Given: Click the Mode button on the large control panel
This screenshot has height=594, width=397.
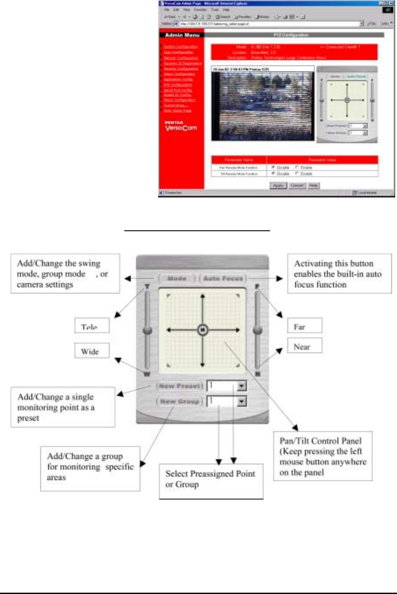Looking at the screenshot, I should (177, 279).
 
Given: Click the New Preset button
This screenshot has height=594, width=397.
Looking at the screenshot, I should (180, 386).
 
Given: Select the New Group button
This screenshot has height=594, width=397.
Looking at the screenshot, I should (180, 401).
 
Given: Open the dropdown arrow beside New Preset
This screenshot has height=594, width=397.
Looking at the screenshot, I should (242, 386).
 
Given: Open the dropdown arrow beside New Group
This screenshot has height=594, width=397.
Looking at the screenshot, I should (242, 401).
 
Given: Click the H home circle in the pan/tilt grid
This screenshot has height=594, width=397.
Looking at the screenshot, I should (202, 330).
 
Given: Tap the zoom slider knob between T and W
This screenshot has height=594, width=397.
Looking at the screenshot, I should (148, 330).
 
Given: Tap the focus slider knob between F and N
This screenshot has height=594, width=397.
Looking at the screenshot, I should (258, 330).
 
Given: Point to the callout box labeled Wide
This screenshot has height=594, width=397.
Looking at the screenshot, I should (91, 351).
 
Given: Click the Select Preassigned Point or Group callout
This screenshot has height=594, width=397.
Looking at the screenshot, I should (211, 481).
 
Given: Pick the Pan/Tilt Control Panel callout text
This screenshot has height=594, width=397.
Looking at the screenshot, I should (323, 456).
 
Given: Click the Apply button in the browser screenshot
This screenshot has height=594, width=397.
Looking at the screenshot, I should (278, 186).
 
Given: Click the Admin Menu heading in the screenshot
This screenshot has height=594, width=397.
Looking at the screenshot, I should (182, 35).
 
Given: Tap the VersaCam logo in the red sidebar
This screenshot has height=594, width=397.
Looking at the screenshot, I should (181, 127).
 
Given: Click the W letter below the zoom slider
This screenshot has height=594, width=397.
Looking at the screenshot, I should (147, 374).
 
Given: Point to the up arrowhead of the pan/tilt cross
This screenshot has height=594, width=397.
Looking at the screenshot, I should (202, 296).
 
